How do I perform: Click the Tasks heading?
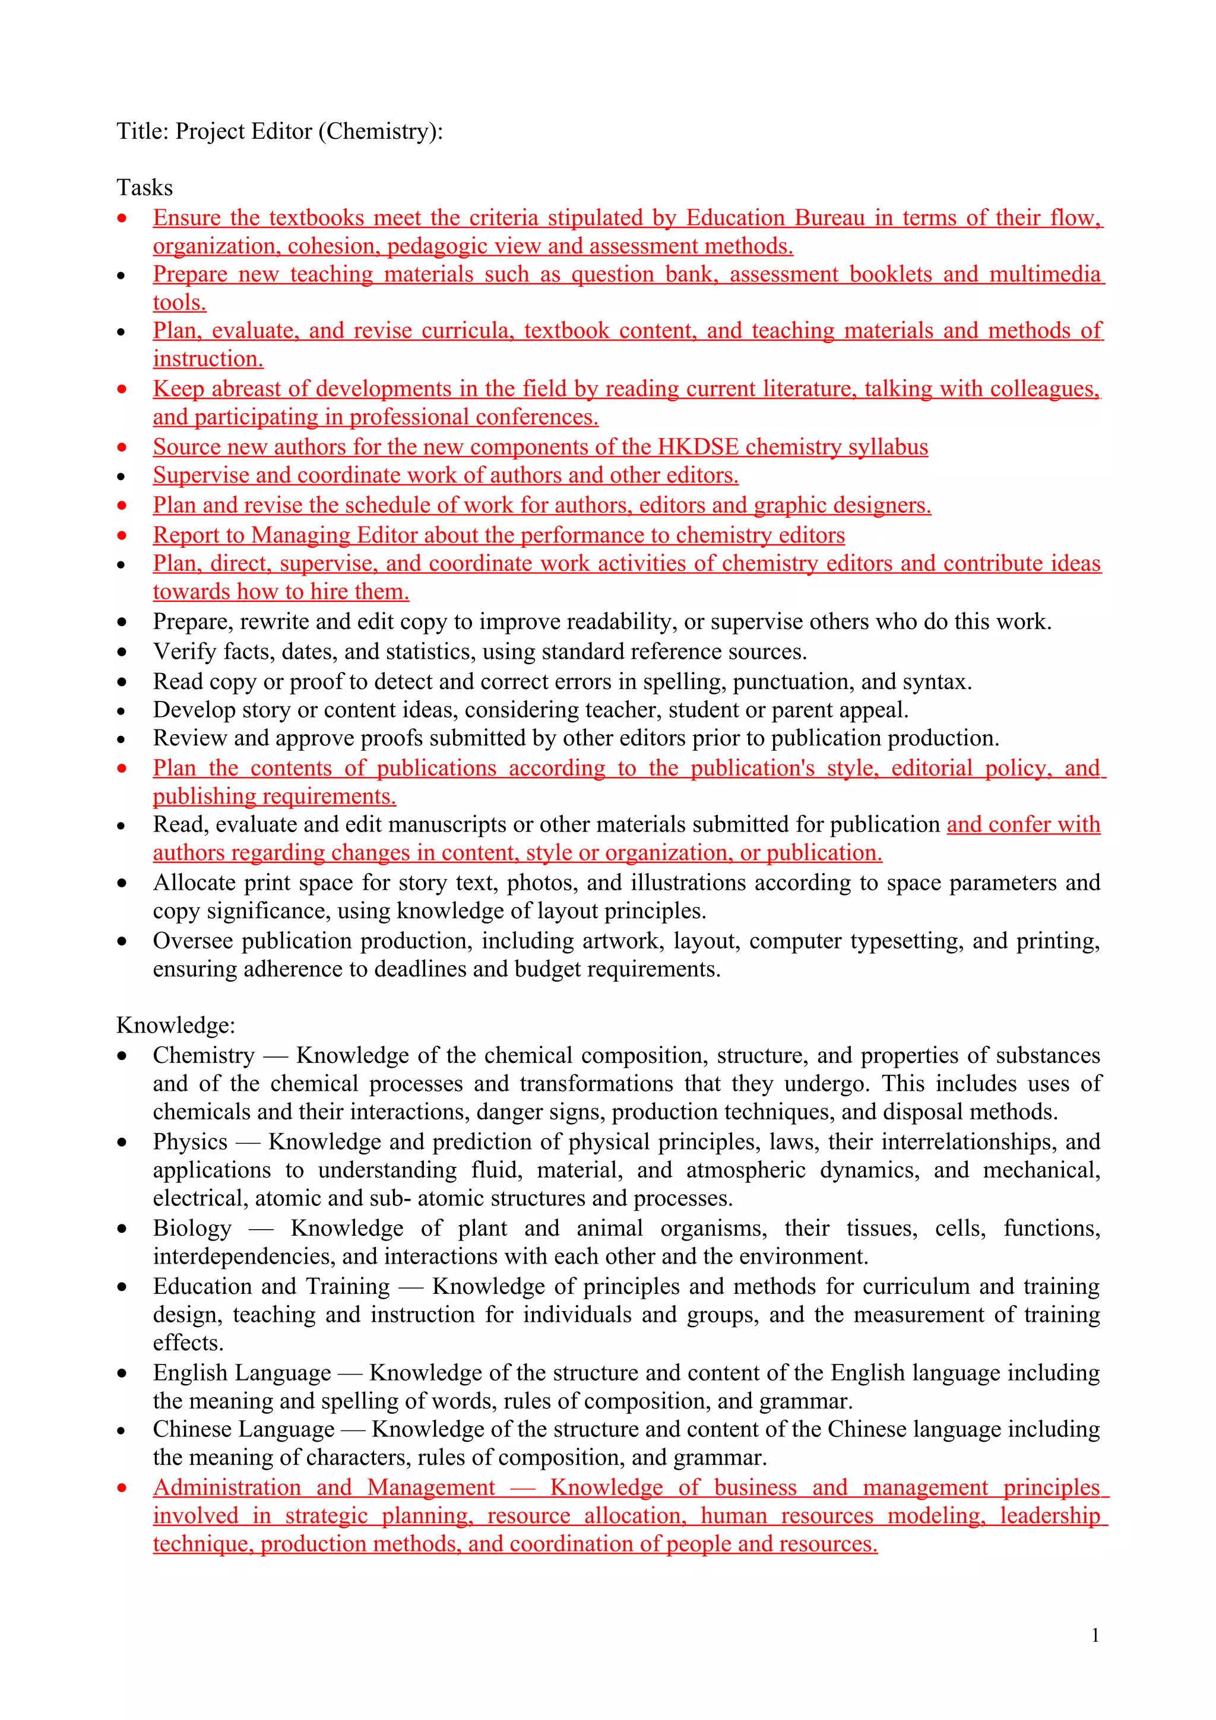[x=145, y=188]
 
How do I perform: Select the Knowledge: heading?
[x=176, y=1025]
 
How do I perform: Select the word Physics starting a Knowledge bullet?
[x=191, y=1142]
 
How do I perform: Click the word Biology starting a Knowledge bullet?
[x=192, y=1228]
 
